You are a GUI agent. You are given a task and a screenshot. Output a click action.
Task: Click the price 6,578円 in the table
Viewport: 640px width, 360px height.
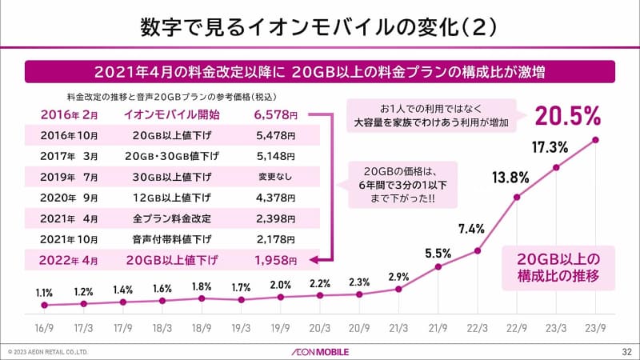276,114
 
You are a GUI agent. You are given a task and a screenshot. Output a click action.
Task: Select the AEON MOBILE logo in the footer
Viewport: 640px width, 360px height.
320,350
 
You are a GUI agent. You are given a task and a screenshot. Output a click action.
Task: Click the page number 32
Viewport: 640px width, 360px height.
626,350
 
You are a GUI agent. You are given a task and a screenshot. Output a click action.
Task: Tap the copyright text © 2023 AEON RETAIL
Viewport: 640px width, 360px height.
47,351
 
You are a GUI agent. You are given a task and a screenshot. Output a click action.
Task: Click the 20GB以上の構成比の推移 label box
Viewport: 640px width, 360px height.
558,267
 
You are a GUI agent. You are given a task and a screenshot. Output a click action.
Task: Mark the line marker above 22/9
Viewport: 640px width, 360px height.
518,197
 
